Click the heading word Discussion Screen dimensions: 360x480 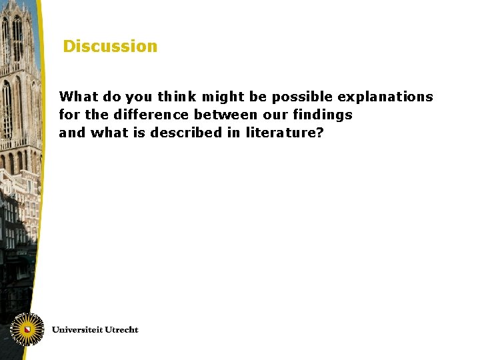[110, 47]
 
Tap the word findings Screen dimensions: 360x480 [323, 115]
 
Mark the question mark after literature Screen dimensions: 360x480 [320, 133]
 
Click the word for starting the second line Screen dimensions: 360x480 [68, 115]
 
